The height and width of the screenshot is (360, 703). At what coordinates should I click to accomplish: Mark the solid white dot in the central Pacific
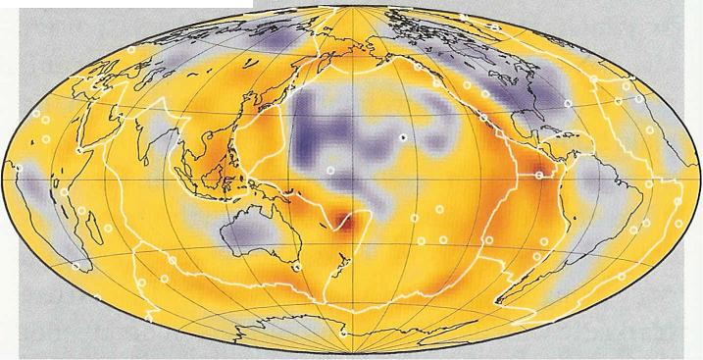tap(402, 138)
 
